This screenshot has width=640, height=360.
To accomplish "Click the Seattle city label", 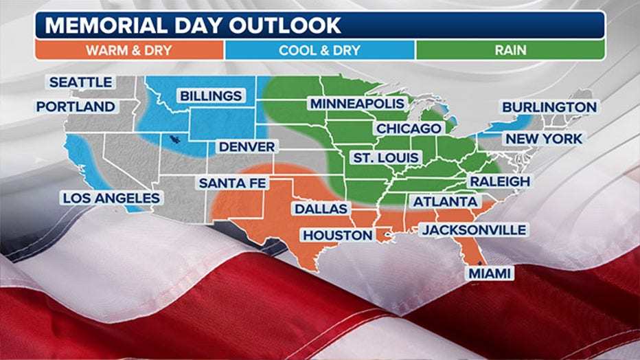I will pos(81,82).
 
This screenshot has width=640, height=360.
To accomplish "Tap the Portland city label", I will pos(76,106).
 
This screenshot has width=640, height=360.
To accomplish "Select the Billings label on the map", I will pos(211,95).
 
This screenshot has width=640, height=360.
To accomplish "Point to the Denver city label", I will pos(247,146).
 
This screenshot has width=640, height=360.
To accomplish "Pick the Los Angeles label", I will pos(111,198).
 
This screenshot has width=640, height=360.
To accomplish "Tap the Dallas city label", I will pos(321,208).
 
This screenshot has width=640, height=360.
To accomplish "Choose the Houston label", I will pos(338,235).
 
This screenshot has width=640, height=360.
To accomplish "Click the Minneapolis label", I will pos(356,104).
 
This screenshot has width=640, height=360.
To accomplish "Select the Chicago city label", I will pos(408,128).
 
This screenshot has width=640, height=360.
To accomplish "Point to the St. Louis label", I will pos(385,157).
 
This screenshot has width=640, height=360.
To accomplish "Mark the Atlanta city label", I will pos(445,201).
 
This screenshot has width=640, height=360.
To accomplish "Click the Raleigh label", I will pos(500,181).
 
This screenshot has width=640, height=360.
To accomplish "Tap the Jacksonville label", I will pos(474,229).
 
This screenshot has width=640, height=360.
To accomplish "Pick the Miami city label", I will pos(490,273).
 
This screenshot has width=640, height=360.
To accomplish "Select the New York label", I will pos(544,139).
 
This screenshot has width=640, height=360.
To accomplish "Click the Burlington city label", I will pos(549,107).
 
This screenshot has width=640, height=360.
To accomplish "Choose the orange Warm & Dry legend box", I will pos(129,50).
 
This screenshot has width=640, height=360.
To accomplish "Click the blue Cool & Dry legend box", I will pos(319,50).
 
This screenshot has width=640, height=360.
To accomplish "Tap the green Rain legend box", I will pos(510,50).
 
